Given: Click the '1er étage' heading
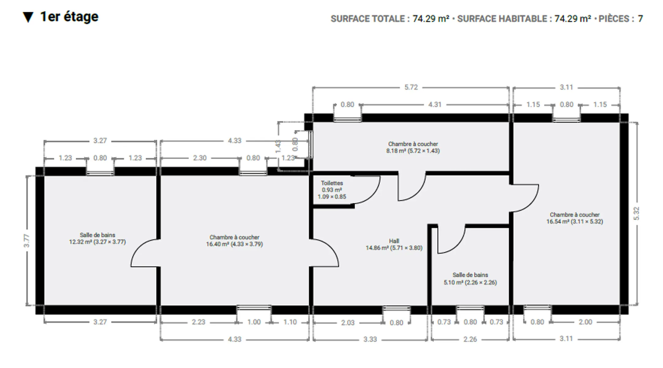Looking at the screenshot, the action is pos(69,17).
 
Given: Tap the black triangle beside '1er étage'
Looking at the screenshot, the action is pos(28,17).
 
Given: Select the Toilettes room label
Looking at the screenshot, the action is pos(332,190).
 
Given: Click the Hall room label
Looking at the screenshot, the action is pos(394,244).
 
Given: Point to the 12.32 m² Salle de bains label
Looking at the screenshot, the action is pos(97,238).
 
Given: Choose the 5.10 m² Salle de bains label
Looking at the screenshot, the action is pos(470,279).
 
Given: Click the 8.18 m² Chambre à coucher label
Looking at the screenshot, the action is pos(413,147).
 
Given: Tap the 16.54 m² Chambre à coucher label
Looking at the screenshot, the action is pos(575,218).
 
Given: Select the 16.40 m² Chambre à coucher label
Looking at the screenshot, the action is pos(234,241).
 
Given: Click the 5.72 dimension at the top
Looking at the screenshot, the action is pos(411,87).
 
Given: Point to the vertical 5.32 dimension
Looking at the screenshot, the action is pos(637,213).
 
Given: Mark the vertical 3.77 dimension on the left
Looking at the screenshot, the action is pos(27,240).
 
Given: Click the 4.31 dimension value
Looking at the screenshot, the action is pos(435,105).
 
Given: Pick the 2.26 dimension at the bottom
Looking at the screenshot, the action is pos(470,339).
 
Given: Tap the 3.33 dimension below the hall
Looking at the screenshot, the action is pos(370,339).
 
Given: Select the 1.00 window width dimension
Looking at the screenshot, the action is pos(254,322).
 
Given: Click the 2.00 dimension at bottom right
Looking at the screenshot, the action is pos(585,322).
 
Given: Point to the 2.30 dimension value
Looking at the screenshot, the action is pos(200,158).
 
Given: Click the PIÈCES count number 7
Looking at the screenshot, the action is pos(640,19).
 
